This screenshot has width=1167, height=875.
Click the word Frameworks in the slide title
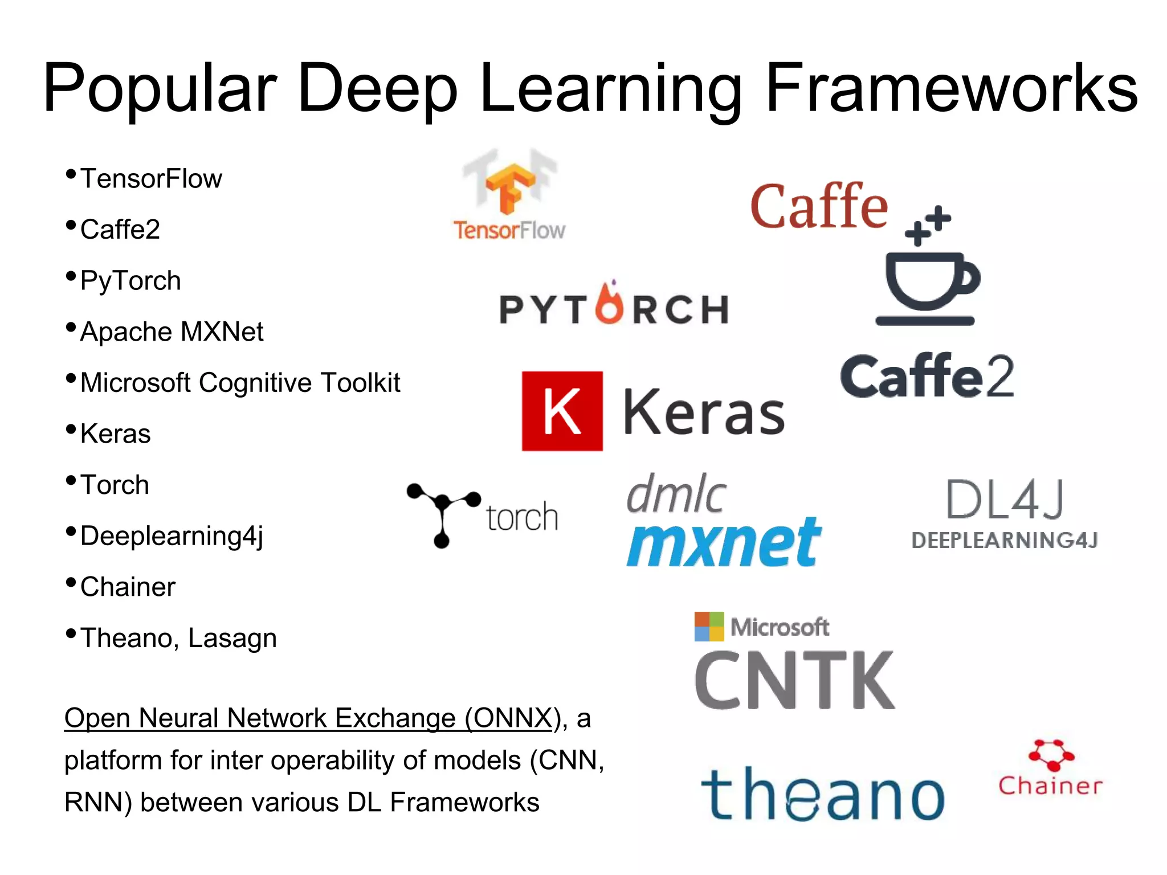pos(952,88)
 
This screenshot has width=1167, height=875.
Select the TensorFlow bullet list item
pos(151,179)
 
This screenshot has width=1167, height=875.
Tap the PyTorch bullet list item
pos(130,281)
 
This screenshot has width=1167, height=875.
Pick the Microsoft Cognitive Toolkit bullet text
pos(240,383)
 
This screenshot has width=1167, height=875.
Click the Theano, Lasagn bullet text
pos(178,638)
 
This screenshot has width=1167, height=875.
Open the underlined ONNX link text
pos(308,718)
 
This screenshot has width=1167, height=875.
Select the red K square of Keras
pos(562,411)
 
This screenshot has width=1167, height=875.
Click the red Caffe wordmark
pos(819,206)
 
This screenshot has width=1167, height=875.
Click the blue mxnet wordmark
pos(724,542)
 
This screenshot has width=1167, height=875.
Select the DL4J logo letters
pos(1005,500)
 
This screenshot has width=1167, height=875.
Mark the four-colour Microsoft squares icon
pos(709,627)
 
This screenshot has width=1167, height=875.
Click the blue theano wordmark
pos(822,794)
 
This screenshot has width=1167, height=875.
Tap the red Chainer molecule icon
pos(1051,755)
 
